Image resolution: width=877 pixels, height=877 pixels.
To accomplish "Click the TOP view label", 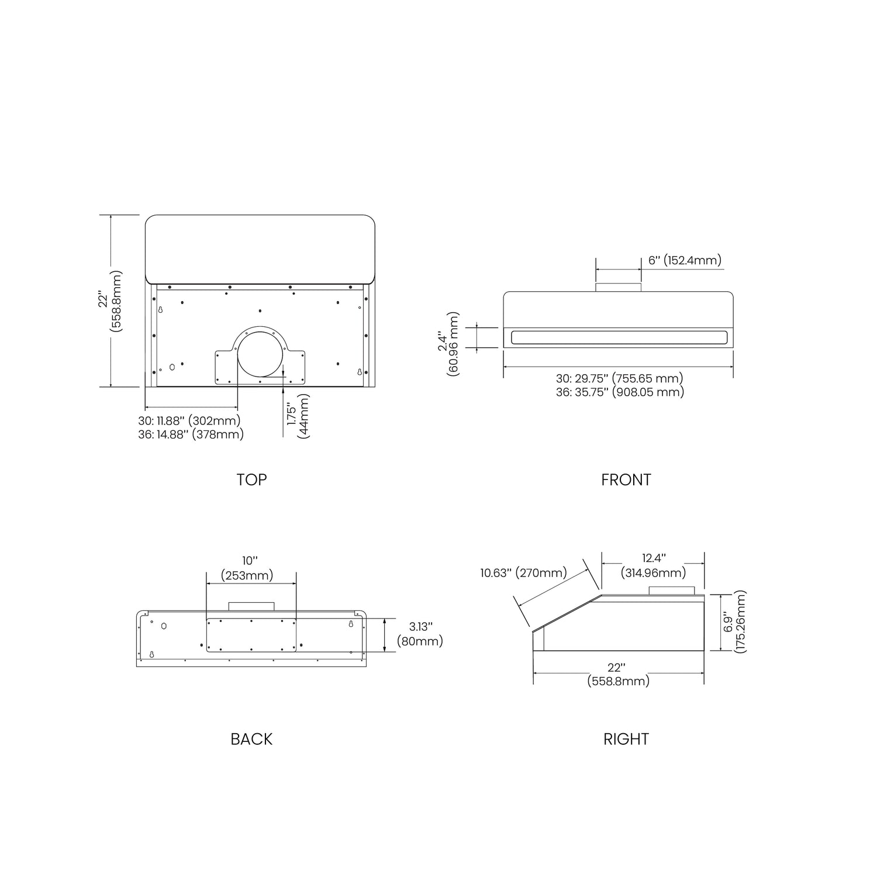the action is [x=251, y=479].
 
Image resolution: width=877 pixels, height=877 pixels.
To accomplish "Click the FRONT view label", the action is [x=626, y=479].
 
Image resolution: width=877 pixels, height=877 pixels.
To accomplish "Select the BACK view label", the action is [x=251, y=739].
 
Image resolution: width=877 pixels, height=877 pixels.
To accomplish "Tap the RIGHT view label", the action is [x=626, y=739].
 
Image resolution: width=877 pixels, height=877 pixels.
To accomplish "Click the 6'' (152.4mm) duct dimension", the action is [x=685, y=260].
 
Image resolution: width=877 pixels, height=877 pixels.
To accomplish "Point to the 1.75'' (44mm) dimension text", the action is [x=298, y=415].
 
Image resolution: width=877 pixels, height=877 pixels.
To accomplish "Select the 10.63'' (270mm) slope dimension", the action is [x=524, y=572].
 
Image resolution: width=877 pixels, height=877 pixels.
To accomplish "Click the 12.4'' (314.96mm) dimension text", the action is [x=654, y=565].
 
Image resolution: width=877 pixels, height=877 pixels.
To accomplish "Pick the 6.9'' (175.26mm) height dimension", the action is [x=735, y=622].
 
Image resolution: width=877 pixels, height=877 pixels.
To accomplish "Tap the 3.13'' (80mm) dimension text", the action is [x=420, y=634].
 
